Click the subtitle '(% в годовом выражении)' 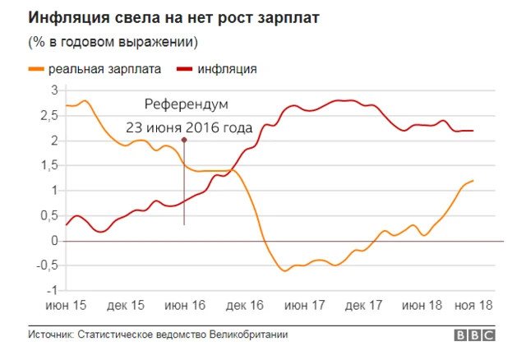point(113,41)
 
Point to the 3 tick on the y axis point(53,90)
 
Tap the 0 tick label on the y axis point(53,241)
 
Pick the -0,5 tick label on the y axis point(46,265)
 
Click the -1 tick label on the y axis point(51,290)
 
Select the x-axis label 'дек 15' point(126,305)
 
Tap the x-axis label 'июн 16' point(185,305)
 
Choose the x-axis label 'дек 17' point(363,305)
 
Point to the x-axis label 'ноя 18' point(475,305)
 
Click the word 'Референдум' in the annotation point(185,105)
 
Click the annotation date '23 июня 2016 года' point(185,127)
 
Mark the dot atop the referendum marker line point(184,141)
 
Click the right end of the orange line point(473,181)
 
